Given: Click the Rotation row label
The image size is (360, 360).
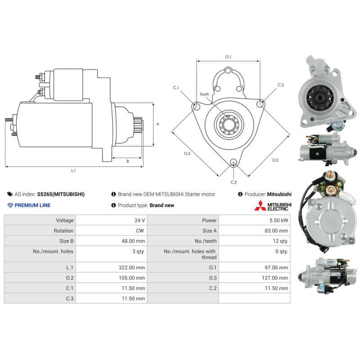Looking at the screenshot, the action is (x=63, y=231).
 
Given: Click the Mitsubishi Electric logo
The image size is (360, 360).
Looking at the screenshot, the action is (x=273, y=206).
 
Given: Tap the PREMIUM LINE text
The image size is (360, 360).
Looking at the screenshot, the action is (x=32, y=205).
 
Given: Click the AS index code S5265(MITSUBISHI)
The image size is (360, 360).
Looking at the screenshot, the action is (x=61, y=194).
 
